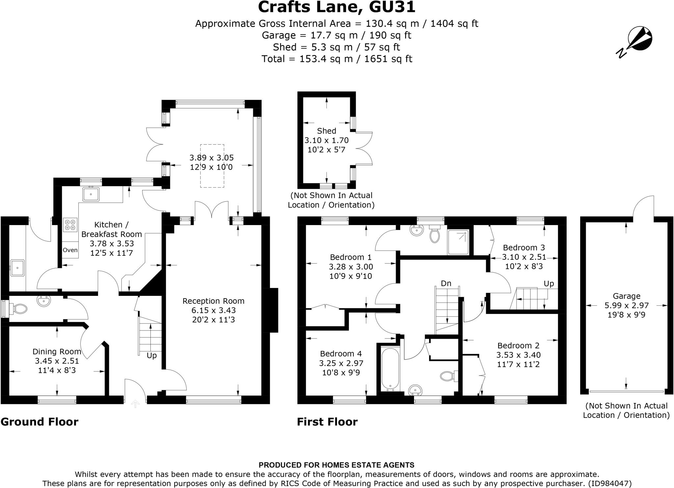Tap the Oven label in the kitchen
point(70,250)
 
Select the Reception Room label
point(213,301)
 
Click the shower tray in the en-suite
point(458,242)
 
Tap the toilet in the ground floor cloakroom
point(19,309)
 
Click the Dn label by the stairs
point(446,283)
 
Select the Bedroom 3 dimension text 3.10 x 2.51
point(524,257)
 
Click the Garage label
point(626,296)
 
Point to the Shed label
point(326,131)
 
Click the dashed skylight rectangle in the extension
point(212,166)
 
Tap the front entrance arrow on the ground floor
point(135,404)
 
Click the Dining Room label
point(57,352)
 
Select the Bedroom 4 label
point(341,354)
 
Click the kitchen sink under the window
point(91,194)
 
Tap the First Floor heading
point(327,422)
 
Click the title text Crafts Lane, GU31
point(336,7)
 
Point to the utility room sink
point(17,267)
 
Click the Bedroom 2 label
point(518,345)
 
